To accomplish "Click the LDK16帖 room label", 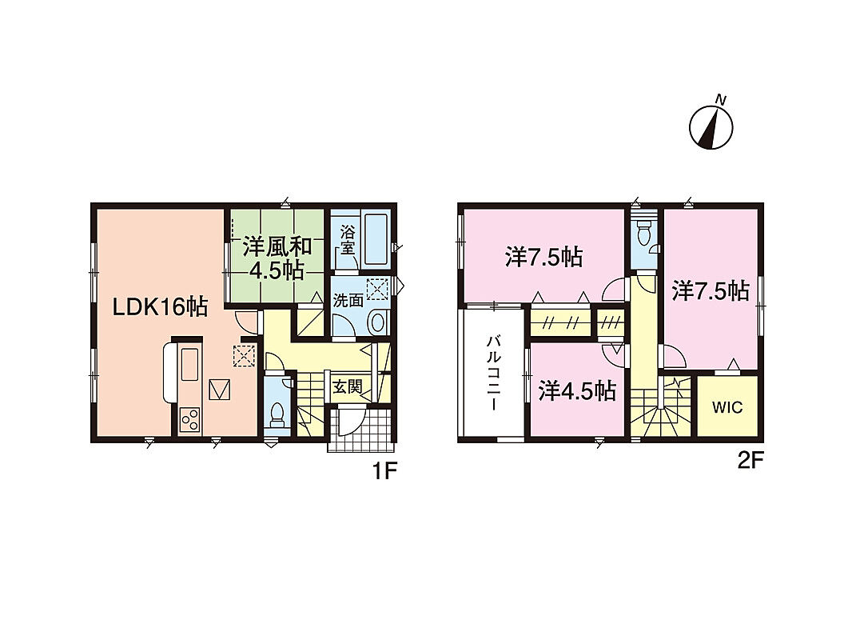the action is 160,308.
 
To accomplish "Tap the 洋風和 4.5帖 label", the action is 277,258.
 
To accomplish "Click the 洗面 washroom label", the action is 348,301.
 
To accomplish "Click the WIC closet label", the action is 727,407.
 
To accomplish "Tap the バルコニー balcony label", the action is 494,374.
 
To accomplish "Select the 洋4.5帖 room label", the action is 577,390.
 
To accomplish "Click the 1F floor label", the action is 382,471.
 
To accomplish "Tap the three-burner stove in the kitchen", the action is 190,420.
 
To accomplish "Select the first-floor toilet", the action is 277,414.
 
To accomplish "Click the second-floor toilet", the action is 644,234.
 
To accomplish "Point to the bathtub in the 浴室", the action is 374,240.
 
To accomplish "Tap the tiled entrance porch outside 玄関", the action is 360,430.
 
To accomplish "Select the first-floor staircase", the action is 311,404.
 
